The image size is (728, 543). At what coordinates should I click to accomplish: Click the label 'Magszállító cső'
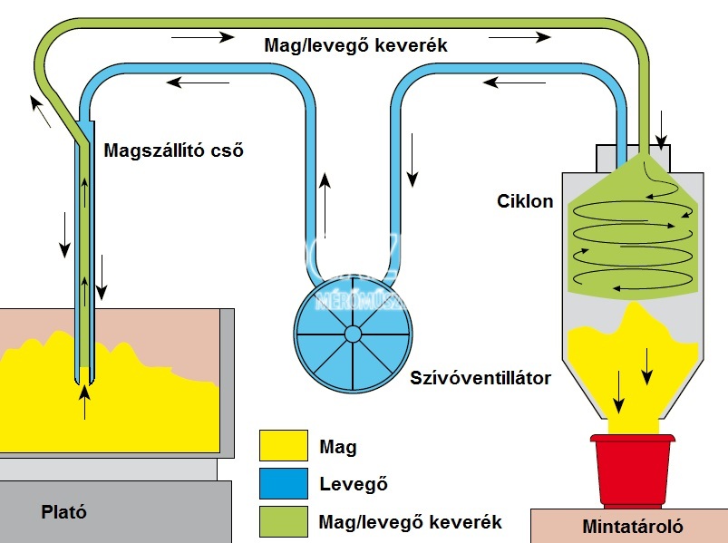174,150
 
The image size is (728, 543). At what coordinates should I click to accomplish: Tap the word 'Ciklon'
525,200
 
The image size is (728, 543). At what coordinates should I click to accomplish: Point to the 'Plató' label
64,511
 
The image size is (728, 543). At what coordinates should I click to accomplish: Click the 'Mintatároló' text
633,526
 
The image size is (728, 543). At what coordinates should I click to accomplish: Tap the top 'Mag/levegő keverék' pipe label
355,44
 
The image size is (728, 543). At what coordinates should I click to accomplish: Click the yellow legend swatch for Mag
284,446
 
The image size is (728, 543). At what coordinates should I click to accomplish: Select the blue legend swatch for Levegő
284,484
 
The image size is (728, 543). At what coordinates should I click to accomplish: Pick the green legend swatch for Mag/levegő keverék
284,521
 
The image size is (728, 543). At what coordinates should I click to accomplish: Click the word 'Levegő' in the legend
354,484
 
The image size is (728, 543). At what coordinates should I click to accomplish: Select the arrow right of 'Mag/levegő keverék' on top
519,37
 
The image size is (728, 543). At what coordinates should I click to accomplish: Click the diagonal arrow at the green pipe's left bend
39,112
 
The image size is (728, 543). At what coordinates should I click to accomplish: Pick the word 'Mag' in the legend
338,447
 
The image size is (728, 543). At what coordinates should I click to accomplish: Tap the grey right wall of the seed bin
228,381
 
